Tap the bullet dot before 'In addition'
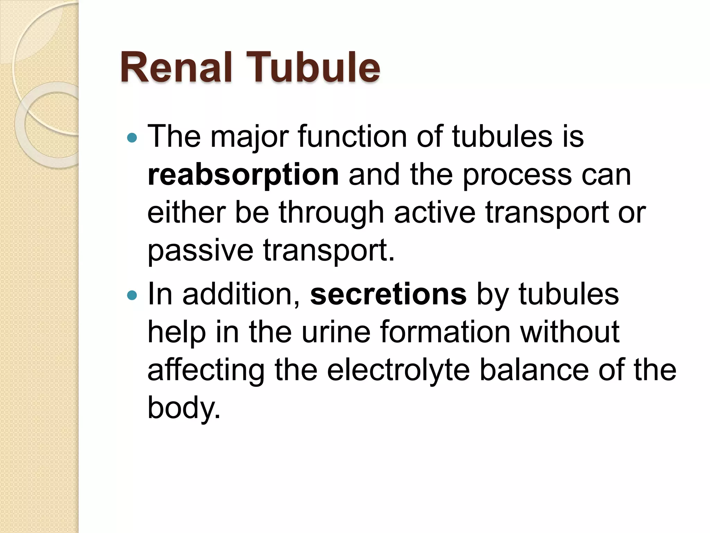(132, 296)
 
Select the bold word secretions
(388, 295)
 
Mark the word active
(435, 212)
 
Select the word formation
(445, 332)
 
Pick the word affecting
(206, 371)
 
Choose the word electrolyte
(398, 371)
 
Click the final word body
(184, 408)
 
